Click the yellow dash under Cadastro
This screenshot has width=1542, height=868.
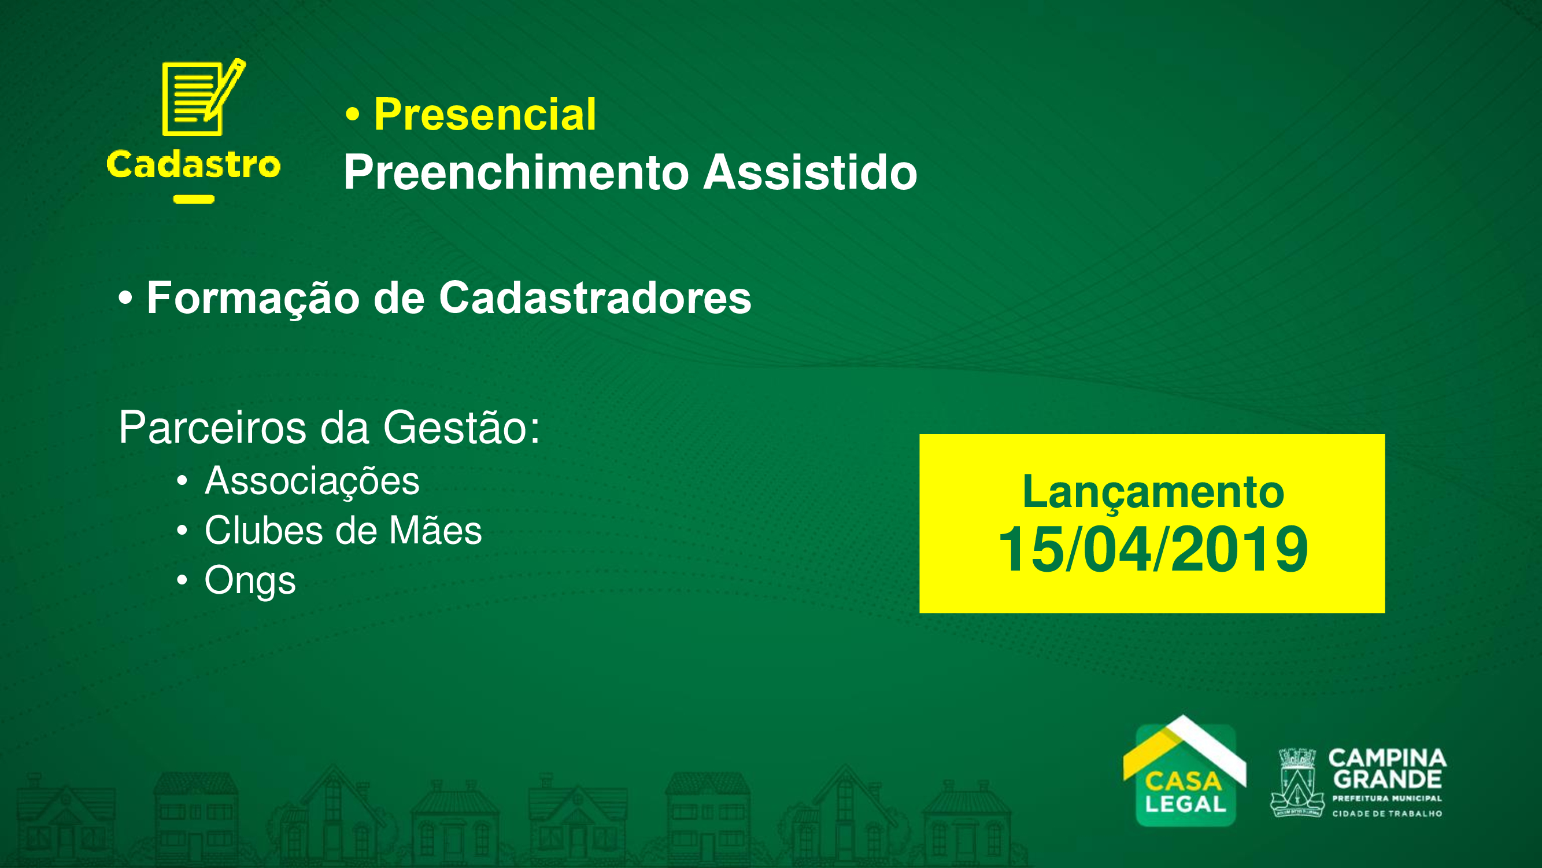pos(194,200)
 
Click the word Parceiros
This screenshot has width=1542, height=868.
pos(213,428)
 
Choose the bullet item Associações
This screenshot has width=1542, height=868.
pos(312,482)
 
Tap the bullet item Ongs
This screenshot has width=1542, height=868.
pos(250,581)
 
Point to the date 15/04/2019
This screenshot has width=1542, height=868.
pos(1153,549)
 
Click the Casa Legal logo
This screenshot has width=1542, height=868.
pos(1185,771)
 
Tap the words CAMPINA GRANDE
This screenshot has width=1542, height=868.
pos(1387,770)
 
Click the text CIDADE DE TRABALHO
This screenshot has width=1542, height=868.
pos(1387,814)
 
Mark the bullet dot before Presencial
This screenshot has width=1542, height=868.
pos(353,115)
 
